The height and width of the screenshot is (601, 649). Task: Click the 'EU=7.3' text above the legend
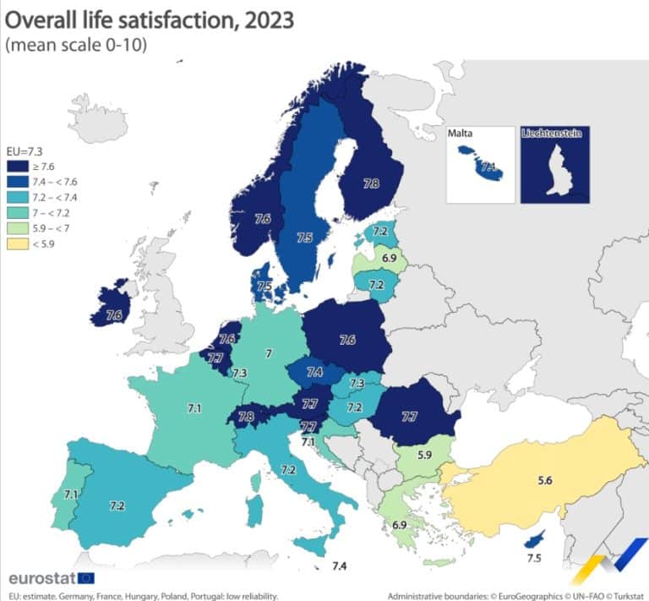tap(25, 153)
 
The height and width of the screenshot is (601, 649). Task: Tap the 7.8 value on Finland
tap(371, 183)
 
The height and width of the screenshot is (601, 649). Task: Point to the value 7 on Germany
tap(269, 352)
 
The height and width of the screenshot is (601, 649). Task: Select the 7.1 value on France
tap(194, 408)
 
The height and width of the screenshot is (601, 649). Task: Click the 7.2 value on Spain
tap(117, 505)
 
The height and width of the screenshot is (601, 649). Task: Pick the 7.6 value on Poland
tap(346, 340)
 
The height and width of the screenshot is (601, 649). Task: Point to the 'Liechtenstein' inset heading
tap(554, 134)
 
